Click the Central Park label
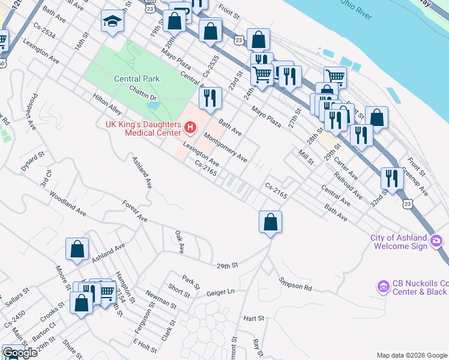137,79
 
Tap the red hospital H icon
190,127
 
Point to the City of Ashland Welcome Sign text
399,242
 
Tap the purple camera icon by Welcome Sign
436,242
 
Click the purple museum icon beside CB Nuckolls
383,287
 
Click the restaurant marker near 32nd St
391,178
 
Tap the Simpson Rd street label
295,284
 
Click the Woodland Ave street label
67,204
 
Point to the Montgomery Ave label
225,148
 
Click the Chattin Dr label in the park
142,92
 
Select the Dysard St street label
33,161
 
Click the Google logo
20,352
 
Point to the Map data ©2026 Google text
412,355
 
